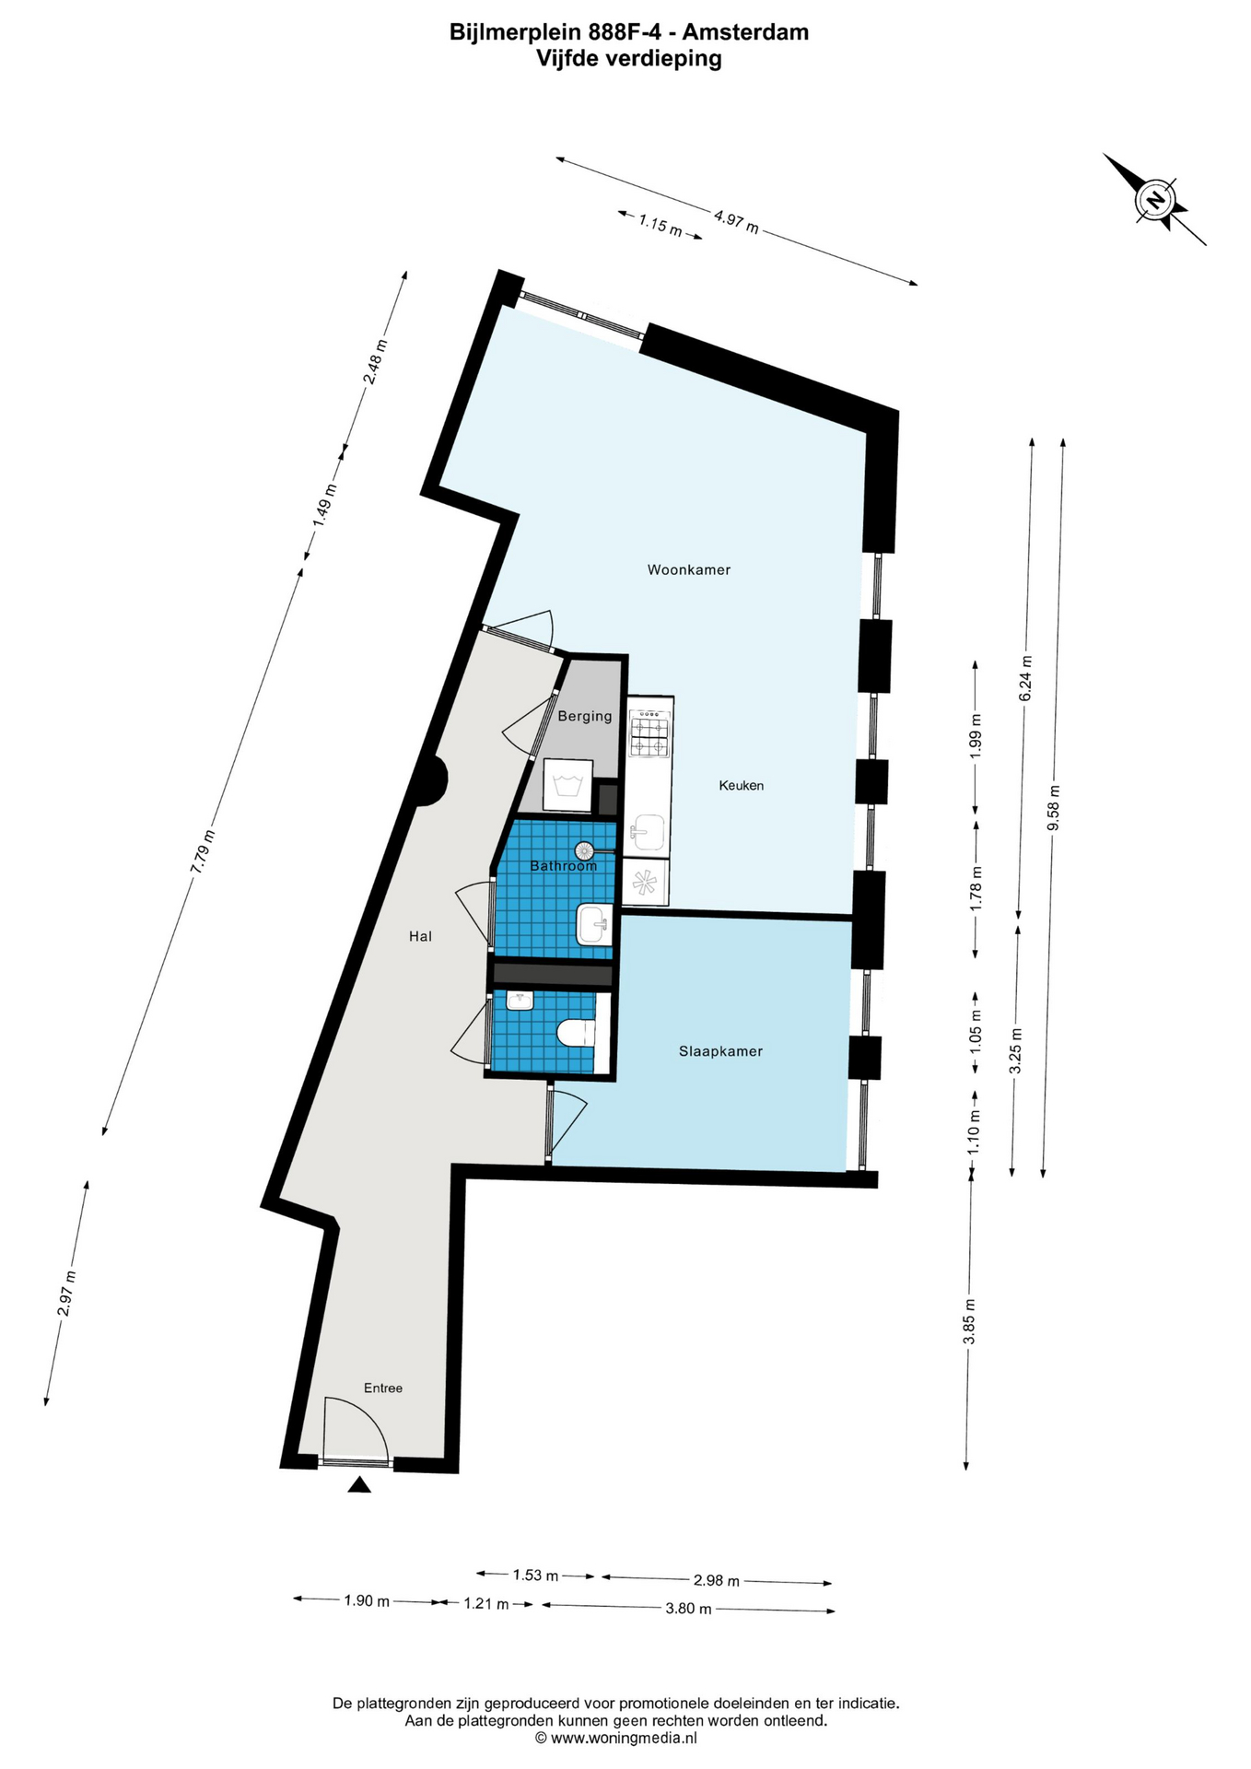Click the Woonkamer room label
pyautogui.click(x=688, y=569)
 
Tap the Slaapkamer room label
pyautogui.click(x=720, y=1051)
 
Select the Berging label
pyautogui.click(x=584, y=716)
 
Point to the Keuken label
pyautogui.click(x=741, y=786)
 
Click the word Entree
pyautogui.click(x=383, y=1388)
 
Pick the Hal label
pyautogui.click(x=420, y=936)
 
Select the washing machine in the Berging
pyautogui.click(x=568, y=785)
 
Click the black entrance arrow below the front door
pyautogui.click(x=359, y=1484)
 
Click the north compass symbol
pyautogui.click(x=1154, y=199)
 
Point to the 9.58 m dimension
pyautogui.click(x=1053, y=807)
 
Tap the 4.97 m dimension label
pyautogui.click(x=736, y=221)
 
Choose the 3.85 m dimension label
pyautogui.click(x=969, y=1320)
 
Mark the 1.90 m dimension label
pyautogui.click(x=367, y=1600)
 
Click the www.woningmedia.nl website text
pyautogui.click(x=615, y=1738)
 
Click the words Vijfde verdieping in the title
pyautogui.click(x=629, y=59)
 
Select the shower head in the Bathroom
pyautogui.click(x=585, y=850)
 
